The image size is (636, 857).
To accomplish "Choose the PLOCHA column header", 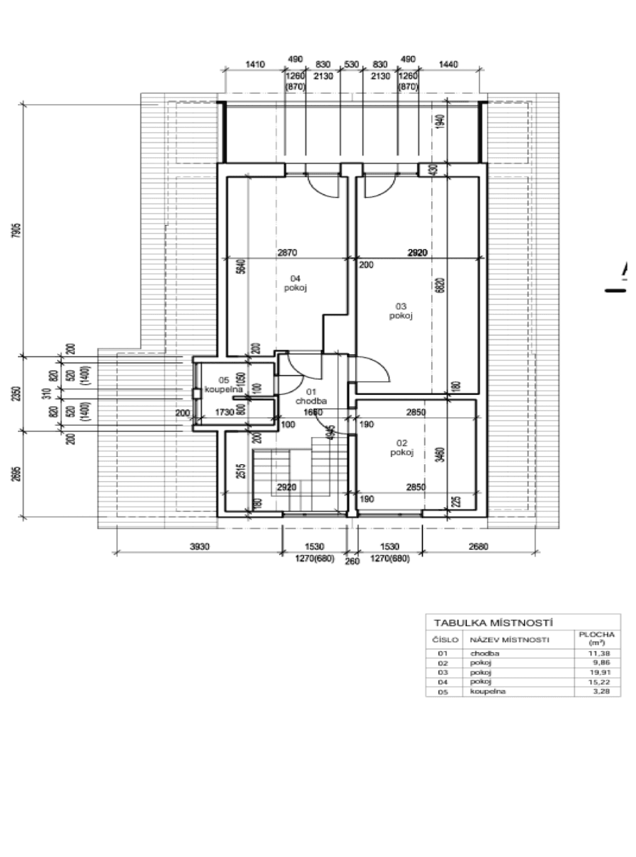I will coord(596,638).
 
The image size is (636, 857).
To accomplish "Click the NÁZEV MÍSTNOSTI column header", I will coord(508,640).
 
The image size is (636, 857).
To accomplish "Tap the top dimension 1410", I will coord(255,64).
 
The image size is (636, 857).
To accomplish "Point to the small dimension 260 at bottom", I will coord(352,561).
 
